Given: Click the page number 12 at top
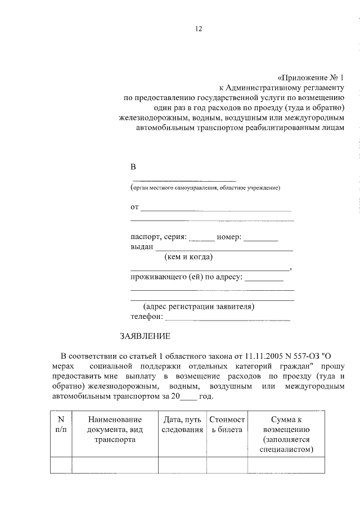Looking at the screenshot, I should (198, 29).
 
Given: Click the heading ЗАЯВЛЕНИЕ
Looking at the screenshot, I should (145, 336).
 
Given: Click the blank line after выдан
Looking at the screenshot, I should (224, 249).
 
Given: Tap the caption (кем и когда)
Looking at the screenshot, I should (188, 258).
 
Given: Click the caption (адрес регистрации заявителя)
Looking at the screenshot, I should (199, 307).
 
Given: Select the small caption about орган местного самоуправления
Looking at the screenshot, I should (205, 187).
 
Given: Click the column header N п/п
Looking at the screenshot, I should (61, 424).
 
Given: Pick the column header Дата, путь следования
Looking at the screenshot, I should (182, 424).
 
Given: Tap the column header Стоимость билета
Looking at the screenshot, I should (227, 424).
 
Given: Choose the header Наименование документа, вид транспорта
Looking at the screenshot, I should (115, 429).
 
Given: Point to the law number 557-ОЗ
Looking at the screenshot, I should (304, 355).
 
